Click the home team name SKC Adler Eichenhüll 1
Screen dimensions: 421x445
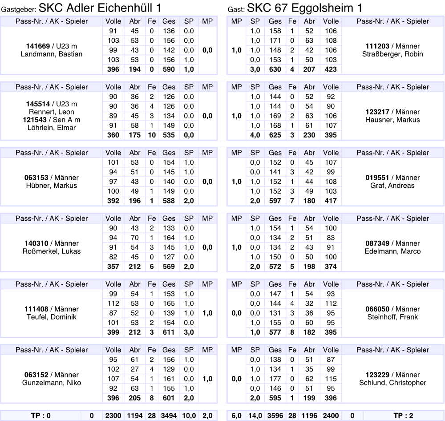point(100,8)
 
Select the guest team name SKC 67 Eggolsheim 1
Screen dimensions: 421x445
point(304,8)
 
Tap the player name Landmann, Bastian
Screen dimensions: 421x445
point(52,54)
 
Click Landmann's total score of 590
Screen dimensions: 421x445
point(169,69)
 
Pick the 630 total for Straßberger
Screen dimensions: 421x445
point(275,69)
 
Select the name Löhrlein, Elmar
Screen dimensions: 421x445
point(52,128)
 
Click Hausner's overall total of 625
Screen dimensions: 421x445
point(275,135)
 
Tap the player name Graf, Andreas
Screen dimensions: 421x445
point(392,186)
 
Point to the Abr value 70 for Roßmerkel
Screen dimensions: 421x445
point(135,238)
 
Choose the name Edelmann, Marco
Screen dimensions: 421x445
point(392,251)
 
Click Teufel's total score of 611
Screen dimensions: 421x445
point(169,332)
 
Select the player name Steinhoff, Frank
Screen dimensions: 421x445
point(392,317)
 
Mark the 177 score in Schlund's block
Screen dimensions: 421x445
point(275,379)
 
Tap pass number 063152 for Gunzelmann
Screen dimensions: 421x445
point(36,375)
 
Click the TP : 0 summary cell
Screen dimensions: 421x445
point(41,416)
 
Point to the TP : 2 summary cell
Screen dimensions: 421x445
point(403,416)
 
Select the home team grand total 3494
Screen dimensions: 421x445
point(169,416)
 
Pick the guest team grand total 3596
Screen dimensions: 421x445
point(275,416)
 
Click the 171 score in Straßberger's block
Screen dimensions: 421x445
point(275,40)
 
